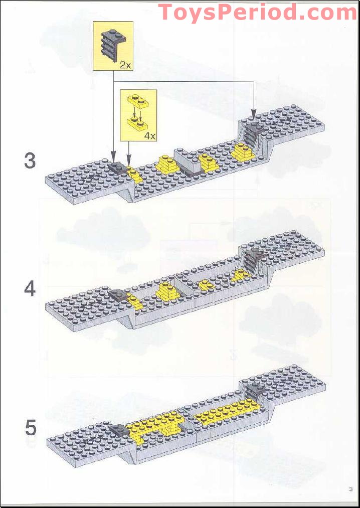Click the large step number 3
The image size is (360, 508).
click(30, 161)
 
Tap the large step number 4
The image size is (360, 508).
click(30, 289)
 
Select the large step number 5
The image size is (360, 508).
click(31, 428)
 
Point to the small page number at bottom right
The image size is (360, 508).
click(350, 489)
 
